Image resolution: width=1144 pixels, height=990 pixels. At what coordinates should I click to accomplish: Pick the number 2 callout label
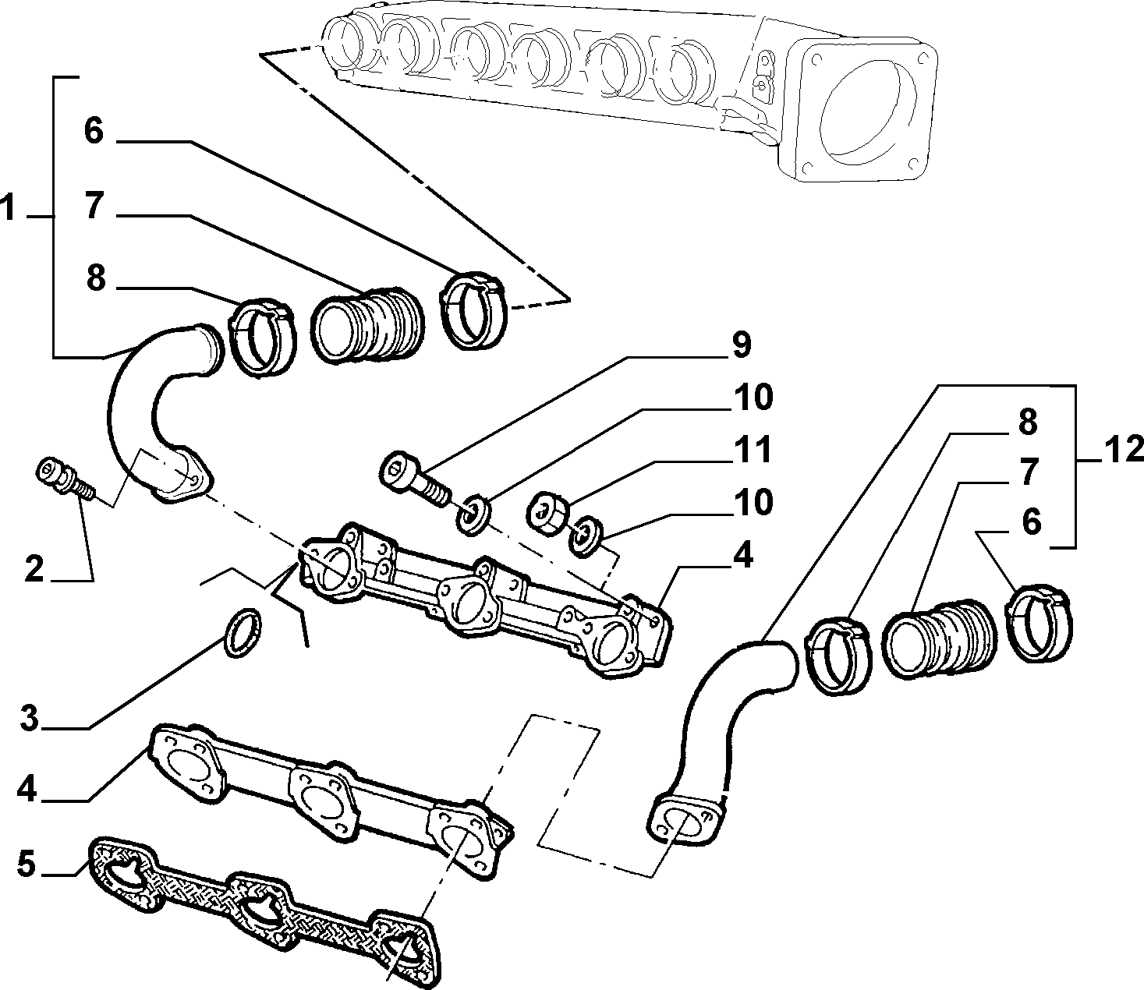tap(34, 568)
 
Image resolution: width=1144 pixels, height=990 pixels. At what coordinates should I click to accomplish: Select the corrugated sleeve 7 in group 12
tap(940, 638)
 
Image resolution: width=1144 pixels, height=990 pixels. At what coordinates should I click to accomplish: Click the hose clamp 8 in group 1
tap(262, 338)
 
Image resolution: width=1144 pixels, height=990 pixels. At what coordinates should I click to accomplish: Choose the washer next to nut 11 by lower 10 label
tap(585, 536)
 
